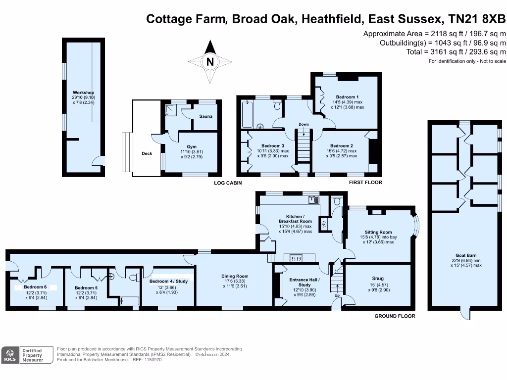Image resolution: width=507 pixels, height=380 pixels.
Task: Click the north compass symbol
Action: pos(210,62)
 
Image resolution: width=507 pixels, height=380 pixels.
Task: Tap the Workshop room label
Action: pos(83,93)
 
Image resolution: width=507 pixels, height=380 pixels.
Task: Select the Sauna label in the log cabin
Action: pos(205,116)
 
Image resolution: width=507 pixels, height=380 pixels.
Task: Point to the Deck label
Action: pos(147,153)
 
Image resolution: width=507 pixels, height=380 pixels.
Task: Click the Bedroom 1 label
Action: pos(347,96)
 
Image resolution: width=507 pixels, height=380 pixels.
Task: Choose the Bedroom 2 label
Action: pos(341,145)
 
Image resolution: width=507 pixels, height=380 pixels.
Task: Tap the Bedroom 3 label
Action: pos(272,145)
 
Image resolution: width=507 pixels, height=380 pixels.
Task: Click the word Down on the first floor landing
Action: pos(304,124)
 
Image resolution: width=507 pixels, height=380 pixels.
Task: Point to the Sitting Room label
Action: pos(378,232)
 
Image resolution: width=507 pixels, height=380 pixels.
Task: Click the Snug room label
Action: pos(378,279)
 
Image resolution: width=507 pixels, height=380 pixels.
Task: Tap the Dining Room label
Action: pos(235,276)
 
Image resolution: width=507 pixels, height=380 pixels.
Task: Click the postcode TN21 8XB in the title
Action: pos(477,19)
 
